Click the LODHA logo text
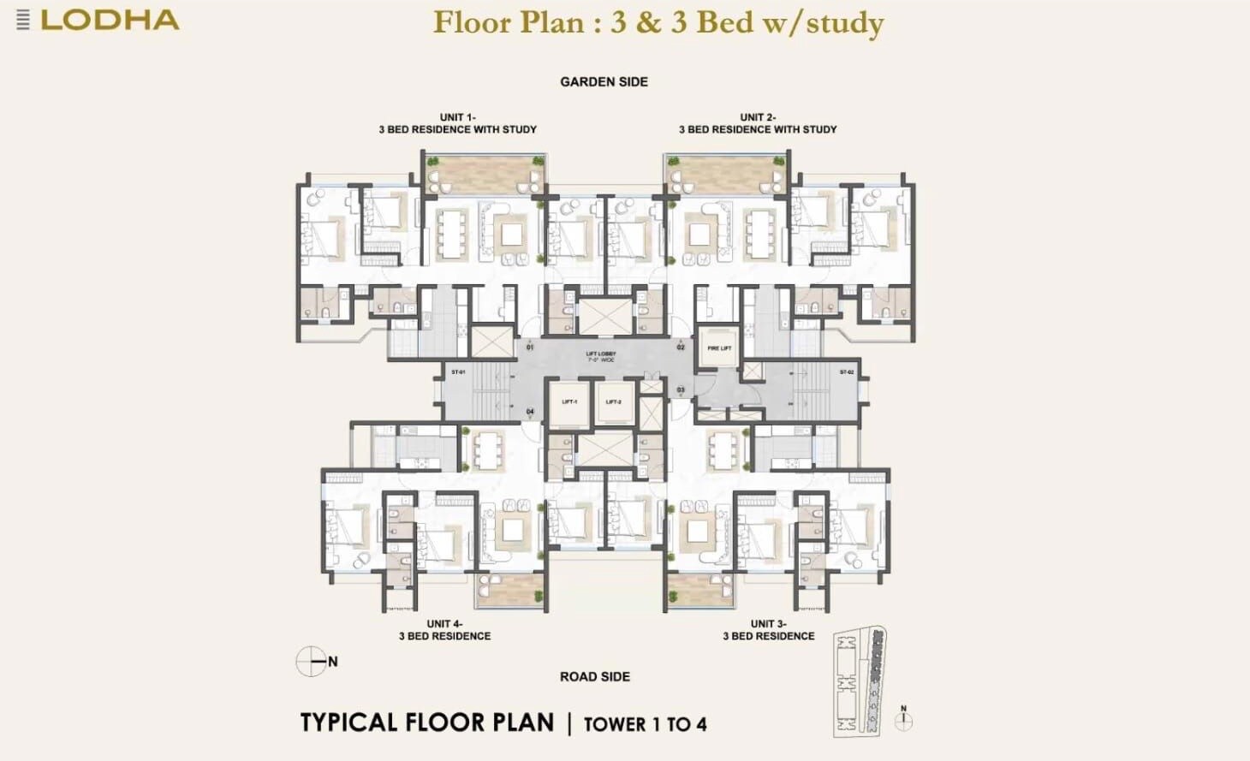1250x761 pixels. click(110, 21)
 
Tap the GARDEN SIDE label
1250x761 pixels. click(604, 82)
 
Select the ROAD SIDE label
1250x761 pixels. click(595, 677)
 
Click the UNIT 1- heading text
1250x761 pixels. click(457, 117)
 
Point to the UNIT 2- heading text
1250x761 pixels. click(758, 117)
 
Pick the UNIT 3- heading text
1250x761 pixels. click(768, 624)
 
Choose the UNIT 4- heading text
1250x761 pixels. click(444, 624)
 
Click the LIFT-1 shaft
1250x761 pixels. click(569, 401)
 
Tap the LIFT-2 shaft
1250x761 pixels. click(614, 401)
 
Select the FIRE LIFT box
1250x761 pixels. click(719, 348)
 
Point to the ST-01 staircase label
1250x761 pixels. click(458, 372)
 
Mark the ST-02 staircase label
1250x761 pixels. click(846, 372)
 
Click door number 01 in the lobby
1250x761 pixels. click(530, 348)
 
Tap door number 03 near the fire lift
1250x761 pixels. click(681, 390)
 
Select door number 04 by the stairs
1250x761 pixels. click(530, 412)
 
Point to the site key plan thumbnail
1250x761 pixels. click(860, 681)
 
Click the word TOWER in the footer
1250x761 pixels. click(615, 725)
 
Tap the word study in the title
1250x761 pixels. click(844, 22)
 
